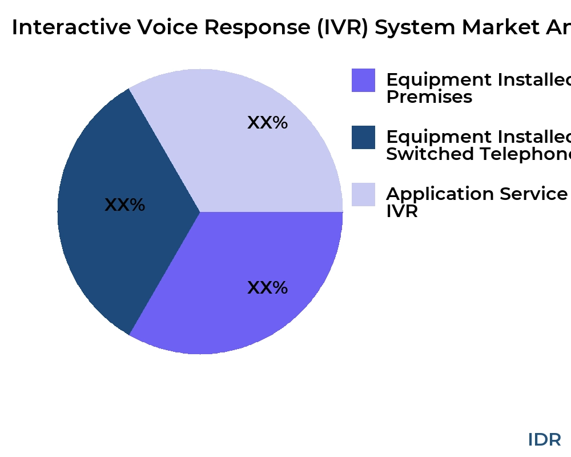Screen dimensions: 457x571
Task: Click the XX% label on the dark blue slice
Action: [x=124, y=205]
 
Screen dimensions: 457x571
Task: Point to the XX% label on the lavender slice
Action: [x=267, y=123]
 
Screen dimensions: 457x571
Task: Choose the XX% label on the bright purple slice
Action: [x=267, y=287]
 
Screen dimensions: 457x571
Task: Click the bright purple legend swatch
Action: [x=363, y=80]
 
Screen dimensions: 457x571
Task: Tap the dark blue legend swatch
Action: [x=363, y=137]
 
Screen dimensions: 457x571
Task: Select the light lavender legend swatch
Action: [x=363, y=194]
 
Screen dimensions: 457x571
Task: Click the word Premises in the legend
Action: [x=429, y=97]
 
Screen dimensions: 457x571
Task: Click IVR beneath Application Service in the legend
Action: [x=402, y=211]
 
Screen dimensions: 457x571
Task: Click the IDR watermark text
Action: [x=544, y=439]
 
